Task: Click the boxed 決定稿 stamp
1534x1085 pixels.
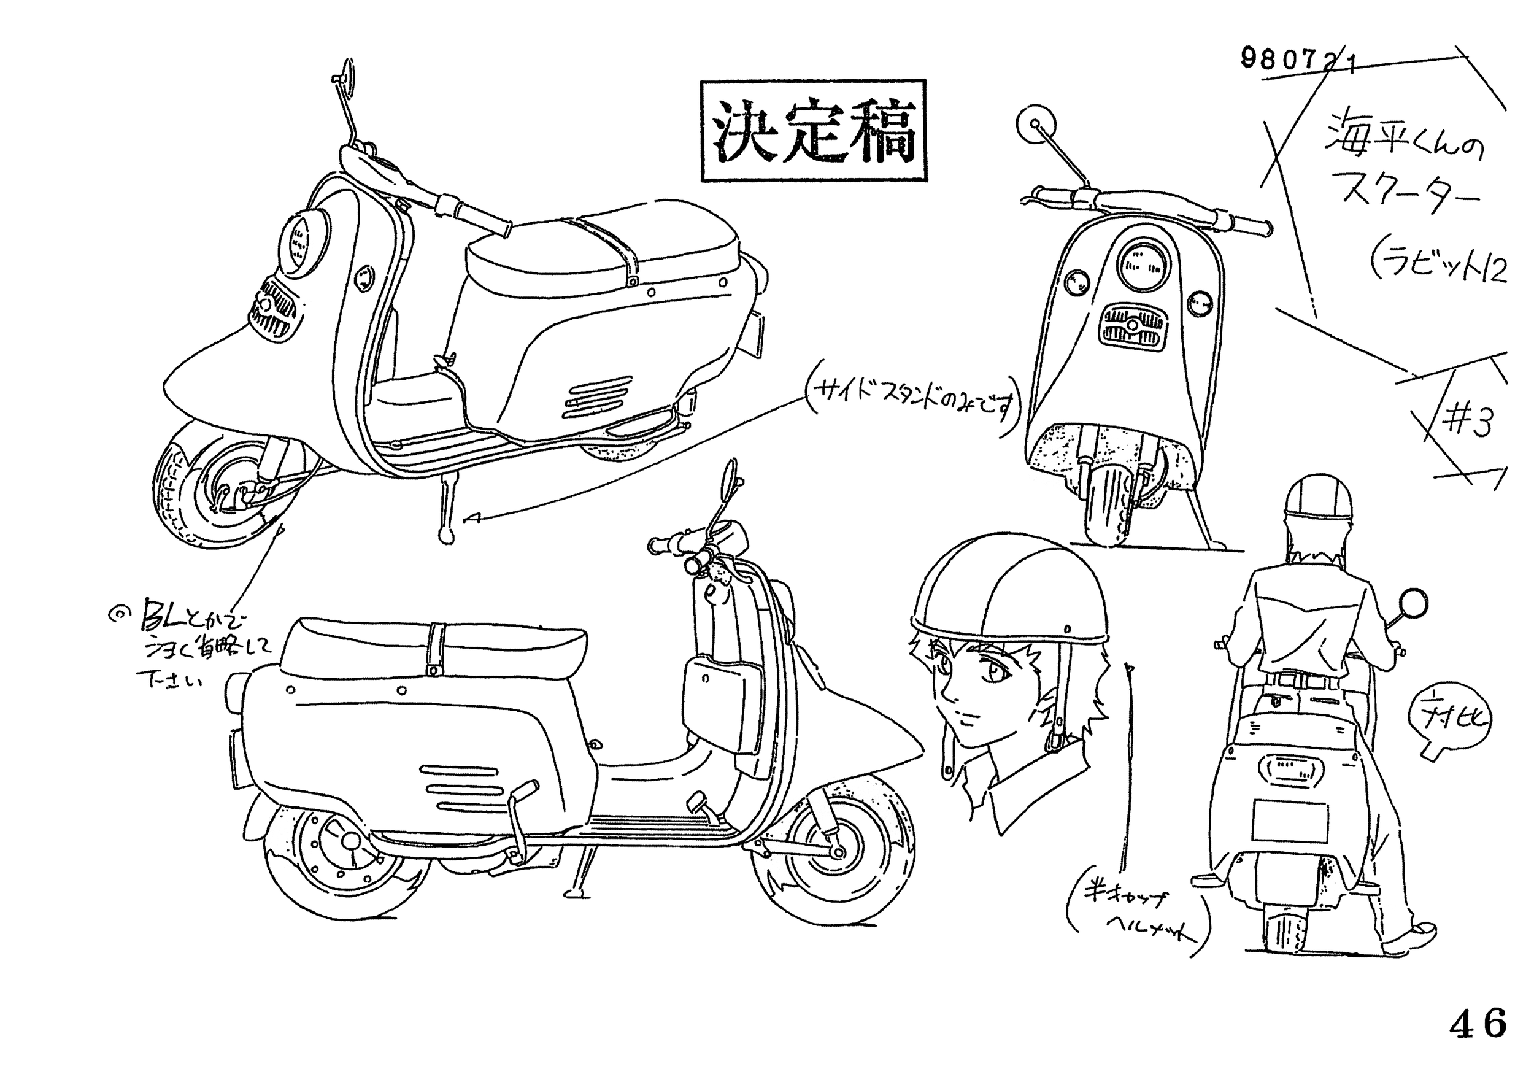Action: point(813,131)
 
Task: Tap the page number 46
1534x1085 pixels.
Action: point(1478,1023)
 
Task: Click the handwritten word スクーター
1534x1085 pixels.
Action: point(1403,197)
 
